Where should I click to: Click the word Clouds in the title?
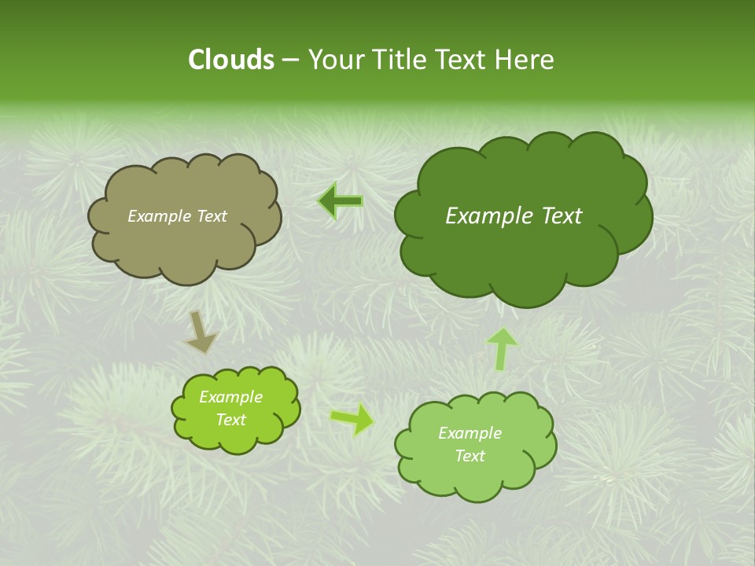230,60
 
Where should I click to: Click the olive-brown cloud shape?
184,244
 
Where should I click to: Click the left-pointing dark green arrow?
341,201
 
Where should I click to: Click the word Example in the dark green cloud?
485,216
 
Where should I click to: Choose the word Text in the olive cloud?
210,216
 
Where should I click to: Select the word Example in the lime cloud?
230,397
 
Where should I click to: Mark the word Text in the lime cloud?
230,420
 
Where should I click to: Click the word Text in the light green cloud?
470,456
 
